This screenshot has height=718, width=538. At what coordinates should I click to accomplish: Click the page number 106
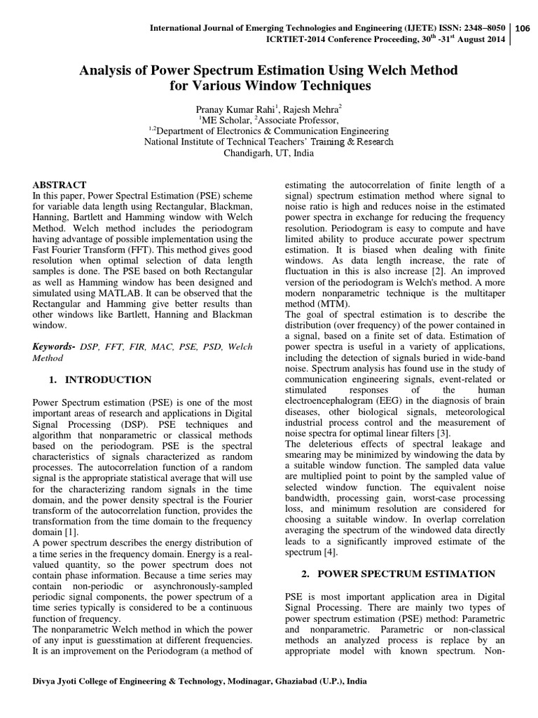(x=522, y=29)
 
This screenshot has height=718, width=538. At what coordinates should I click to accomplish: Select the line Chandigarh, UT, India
(x=268, y=152)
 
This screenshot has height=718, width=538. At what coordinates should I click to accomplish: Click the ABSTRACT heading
(x=60, y=184)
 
